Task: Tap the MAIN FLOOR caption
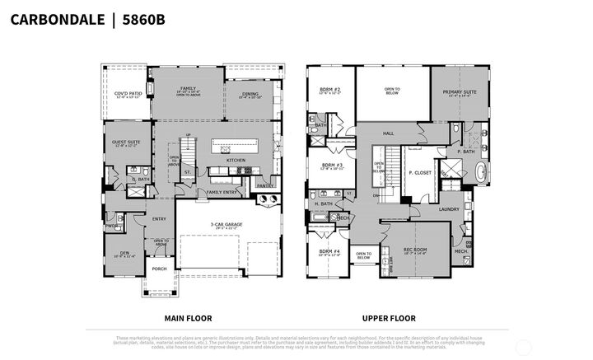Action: click(x=189, y=317)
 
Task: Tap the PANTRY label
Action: click(x=265, y=186)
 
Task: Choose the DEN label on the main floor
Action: click(x=124, y=253)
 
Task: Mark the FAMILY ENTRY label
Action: click(x=222, y=192)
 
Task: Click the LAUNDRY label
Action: click(x=448, y=209)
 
